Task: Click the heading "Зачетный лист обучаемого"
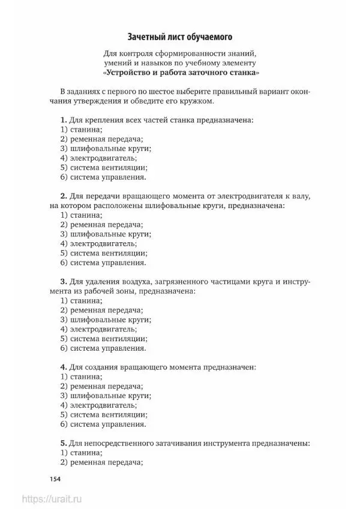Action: (179, 37)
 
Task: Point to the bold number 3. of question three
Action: (64, 281)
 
